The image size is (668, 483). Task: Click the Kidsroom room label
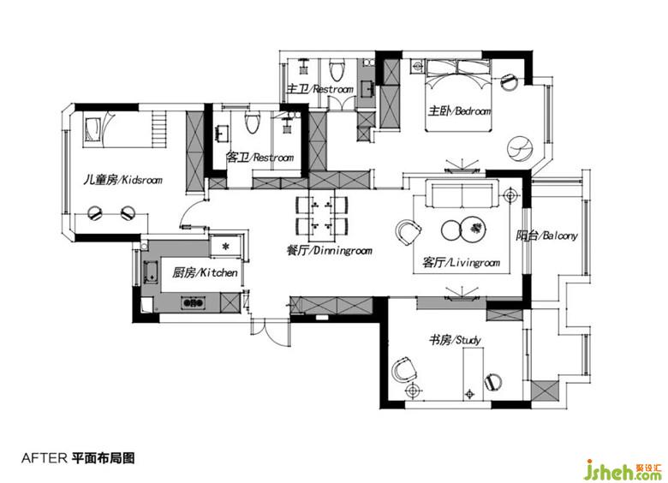coord(122,180)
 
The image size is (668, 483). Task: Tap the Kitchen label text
coord(205,272)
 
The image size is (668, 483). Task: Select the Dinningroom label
coord(329,250)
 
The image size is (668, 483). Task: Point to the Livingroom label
coord(461,262)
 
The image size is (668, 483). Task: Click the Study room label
coord(455,340)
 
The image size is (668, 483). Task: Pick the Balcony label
coord(546,236)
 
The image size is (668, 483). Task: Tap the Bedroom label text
coord(459,111)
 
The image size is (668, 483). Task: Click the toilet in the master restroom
coord(337,70)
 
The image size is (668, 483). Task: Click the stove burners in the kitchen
coord(193,303)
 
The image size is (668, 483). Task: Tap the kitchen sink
coord(150,272)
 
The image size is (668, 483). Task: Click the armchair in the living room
coord(409,232)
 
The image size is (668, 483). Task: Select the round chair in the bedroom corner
coord(520,149)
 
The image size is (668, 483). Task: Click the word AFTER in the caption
coord(45,458)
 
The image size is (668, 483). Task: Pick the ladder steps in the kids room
coord(158,128)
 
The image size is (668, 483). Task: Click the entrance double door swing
coord(271,331)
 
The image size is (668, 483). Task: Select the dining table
coord(322,218)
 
